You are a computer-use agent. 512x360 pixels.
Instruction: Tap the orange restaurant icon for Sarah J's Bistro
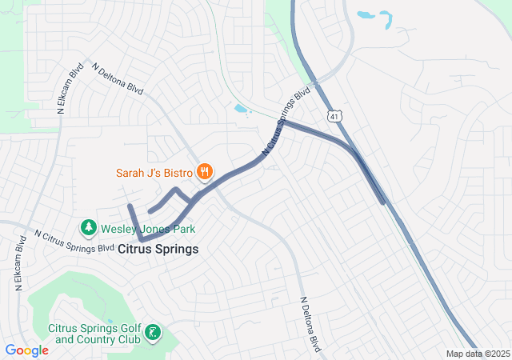[206, 170]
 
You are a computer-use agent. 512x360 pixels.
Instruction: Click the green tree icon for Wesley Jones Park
[88, 229]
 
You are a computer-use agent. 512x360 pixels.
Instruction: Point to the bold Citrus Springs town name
[158, 249]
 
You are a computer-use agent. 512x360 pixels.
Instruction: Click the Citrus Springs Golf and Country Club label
[94, 334]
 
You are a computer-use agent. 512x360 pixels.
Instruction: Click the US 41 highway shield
[334, 116]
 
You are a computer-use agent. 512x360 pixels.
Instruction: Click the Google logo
[26, 350]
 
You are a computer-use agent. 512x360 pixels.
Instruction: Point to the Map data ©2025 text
[477, 354]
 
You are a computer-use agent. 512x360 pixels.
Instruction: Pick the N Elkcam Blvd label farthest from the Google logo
[70, 89]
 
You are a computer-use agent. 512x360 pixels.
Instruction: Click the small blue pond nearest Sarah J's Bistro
[241, 108]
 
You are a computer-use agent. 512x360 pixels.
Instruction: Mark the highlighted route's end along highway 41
[382, 202]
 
